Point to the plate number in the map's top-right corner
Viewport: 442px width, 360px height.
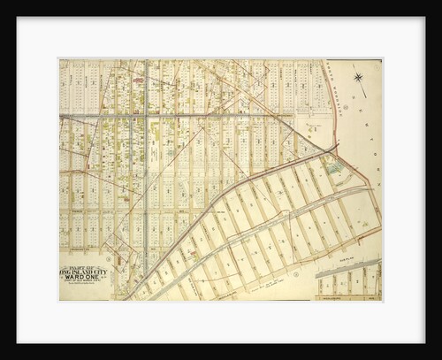point(377,64)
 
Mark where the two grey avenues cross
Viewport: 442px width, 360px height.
point(146,116)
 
